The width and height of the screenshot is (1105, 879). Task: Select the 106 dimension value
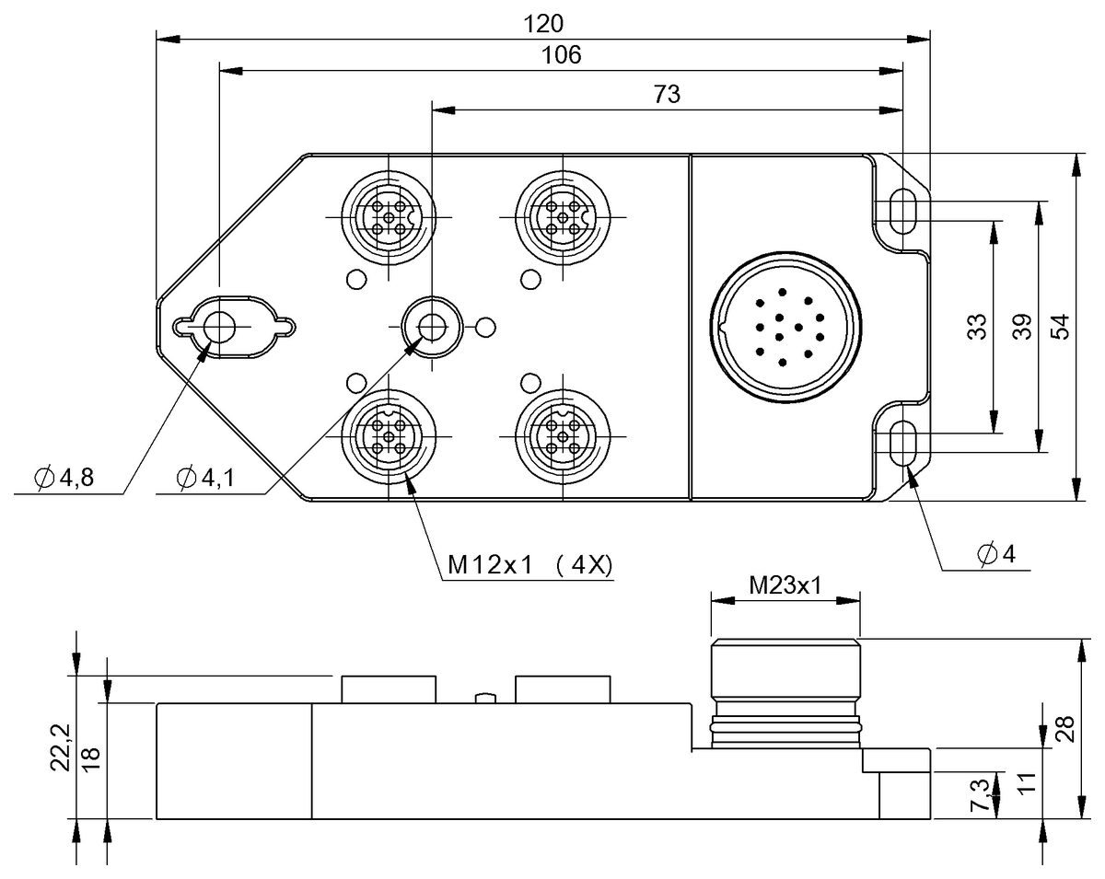(x=562, y=55)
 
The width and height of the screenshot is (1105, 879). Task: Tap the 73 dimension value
(x=667, y=93)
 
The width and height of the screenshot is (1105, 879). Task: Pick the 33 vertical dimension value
(x=978, y=327)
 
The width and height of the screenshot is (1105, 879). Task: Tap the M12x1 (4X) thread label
(x=529, y=565)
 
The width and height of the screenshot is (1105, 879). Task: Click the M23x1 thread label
(x=785, y=584)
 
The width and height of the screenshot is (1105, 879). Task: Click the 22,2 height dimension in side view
(x=61, y=746)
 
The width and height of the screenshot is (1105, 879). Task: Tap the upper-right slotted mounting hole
(x=902, y=210)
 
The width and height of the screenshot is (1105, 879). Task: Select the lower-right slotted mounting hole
(x=902, y=443)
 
